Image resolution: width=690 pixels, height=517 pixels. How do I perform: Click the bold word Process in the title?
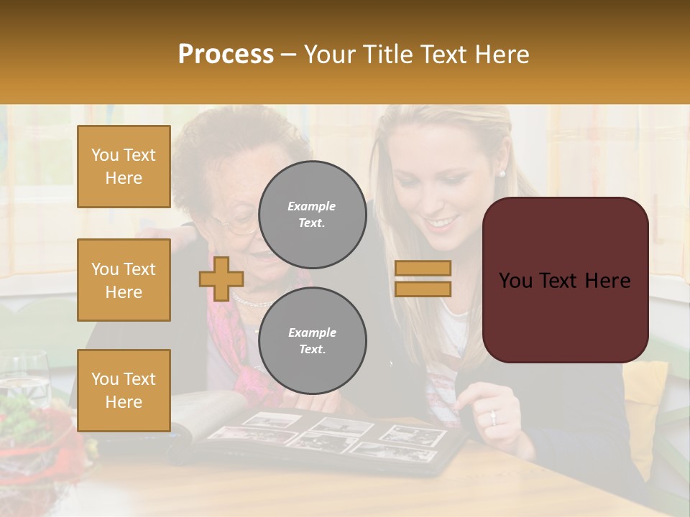coord(226,54)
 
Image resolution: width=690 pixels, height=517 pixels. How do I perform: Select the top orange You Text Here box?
coord(124,167)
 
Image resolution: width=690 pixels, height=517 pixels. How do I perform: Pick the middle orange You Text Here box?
coord(124,280)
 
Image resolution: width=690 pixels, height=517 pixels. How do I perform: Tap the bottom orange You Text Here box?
coord(124,391)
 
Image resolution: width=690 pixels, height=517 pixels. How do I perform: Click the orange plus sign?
coord(221,278)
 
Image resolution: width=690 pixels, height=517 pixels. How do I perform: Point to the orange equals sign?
coord(423,279)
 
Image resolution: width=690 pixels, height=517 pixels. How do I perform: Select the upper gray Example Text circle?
coord(312,214)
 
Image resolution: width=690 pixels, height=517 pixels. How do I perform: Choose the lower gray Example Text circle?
coord(312,340)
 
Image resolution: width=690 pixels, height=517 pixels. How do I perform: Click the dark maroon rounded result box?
coord(565,280)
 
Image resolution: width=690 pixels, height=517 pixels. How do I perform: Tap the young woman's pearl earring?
coord(502,173)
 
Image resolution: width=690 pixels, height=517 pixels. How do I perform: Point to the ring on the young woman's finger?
coord(492,416)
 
